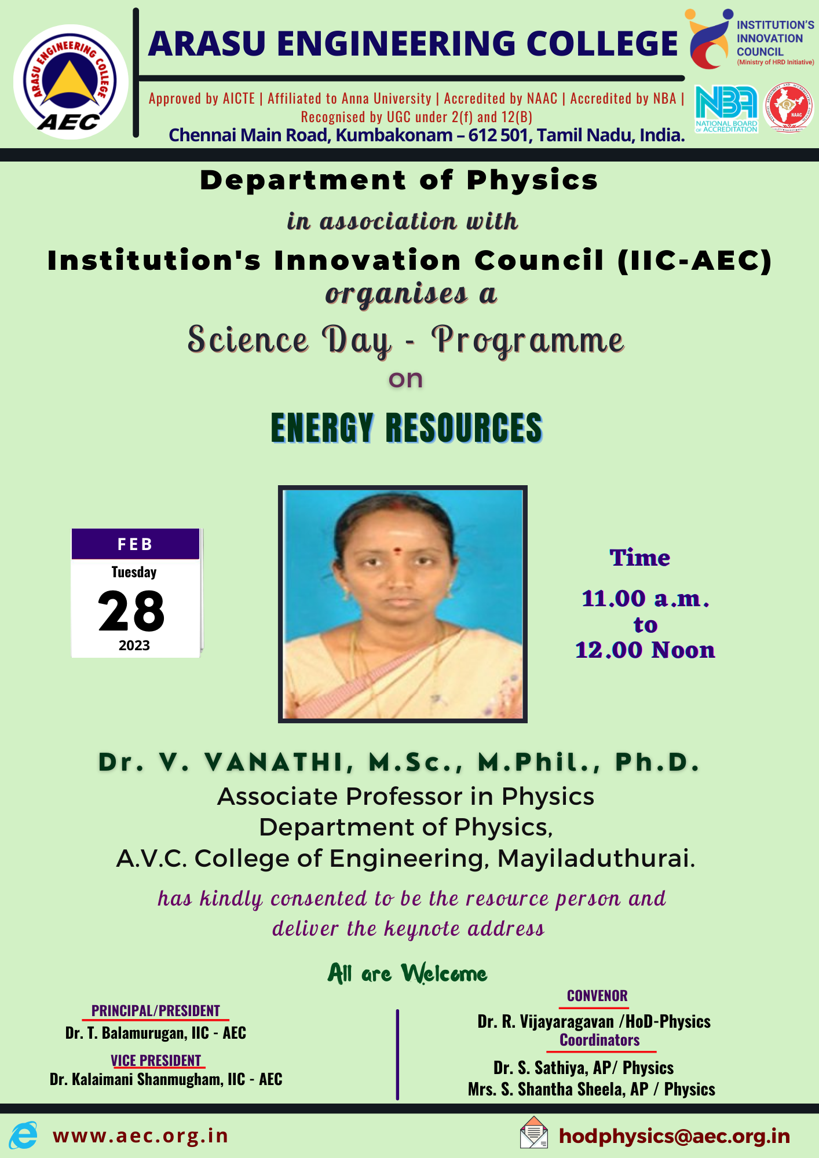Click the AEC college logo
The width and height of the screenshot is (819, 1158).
coord(71,82)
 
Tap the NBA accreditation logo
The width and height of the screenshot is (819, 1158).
coord(726,109)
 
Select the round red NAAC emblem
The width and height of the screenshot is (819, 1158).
coord(788,108)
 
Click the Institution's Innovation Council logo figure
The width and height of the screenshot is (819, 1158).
coord(709,38)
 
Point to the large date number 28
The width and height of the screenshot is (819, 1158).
coord(131,611)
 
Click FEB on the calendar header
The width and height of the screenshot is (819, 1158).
coord(135,544)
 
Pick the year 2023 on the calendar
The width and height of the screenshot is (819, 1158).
coord(134,646)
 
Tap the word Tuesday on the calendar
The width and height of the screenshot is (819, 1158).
coord(134,572)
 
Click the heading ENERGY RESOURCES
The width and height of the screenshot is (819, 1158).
coord(407,428)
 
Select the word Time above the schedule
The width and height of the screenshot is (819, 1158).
coord(640,558)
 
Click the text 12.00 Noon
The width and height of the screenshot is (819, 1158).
coord(645,650)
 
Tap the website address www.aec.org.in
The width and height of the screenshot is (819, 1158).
coord(140,1136)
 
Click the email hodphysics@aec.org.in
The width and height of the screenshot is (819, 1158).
coord(675,1136)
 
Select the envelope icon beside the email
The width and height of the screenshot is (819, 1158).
coord(534,1133)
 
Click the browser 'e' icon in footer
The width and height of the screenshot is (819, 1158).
coord(23,1135)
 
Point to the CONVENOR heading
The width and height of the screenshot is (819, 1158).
coord(597,996)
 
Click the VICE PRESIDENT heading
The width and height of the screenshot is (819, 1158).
coord(156,1061)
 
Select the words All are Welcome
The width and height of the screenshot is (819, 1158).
coord(407,973)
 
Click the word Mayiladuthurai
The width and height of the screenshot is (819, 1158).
coord(596,858)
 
